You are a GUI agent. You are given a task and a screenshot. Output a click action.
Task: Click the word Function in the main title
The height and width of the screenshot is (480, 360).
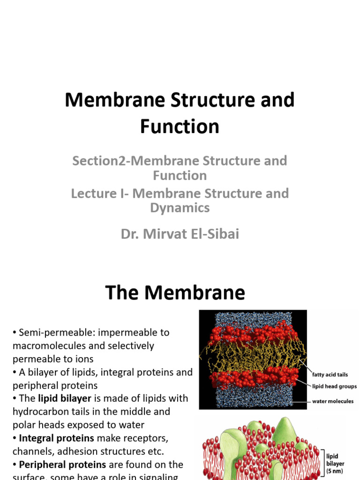pyautogui.click(x=180, y=127)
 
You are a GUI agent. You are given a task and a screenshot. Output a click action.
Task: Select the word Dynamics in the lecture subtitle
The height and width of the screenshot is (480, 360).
pyautogui.click(x=180, y=208)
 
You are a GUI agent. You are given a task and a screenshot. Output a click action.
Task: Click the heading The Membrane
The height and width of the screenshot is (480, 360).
pyautogui.click(x=175, y=292)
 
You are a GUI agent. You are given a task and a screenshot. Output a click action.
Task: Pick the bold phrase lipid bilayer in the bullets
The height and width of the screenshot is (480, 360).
pyautogui.click(x=64, y=398)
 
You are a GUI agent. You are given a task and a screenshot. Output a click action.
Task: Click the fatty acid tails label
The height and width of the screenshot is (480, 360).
pyautogui.click(x=330, y=375)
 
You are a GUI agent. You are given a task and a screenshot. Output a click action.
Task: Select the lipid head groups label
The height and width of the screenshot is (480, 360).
pyautogui.click(x=334, y=387)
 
